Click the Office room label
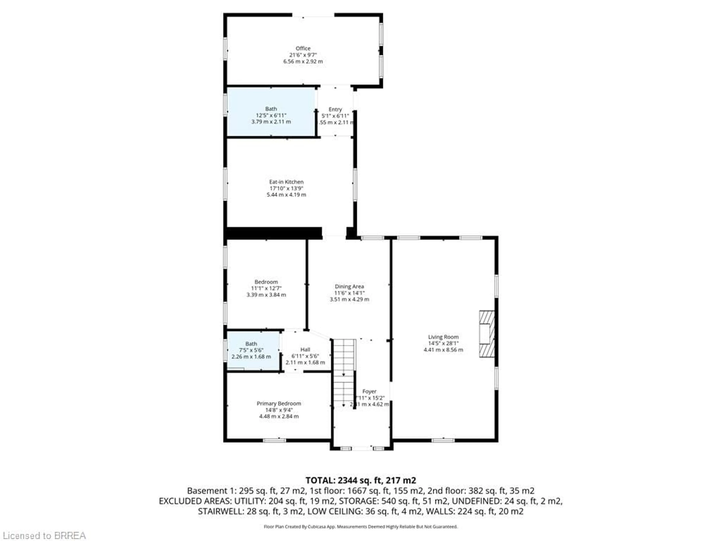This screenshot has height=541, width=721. [x=303, y=48]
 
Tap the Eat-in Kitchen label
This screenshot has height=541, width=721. [x=286, y=182]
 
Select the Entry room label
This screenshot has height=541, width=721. [x=335, y=109]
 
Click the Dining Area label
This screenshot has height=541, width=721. [x=349, y=286]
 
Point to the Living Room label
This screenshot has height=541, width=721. [x=443, y=337]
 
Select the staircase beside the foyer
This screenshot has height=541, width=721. [x=344, y=372]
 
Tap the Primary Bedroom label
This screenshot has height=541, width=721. [x=279, y=403]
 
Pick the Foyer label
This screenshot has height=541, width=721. [x=369, y=391]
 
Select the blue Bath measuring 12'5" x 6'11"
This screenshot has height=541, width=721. [x=271, y=113]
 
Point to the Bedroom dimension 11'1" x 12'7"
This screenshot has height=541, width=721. [x=266, y=288]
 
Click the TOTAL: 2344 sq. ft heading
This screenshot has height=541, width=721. [x=360, y=480]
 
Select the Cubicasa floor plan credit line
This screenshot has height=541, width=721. [x=360, y=527]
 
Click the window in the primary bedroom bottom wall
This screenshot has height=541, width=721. [x=275, y=440]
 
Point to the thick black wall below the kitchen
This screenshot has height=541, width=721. [x=274, y=233]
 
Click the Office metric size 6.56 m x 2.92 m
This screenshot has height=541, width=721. [x=303, y=61]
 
